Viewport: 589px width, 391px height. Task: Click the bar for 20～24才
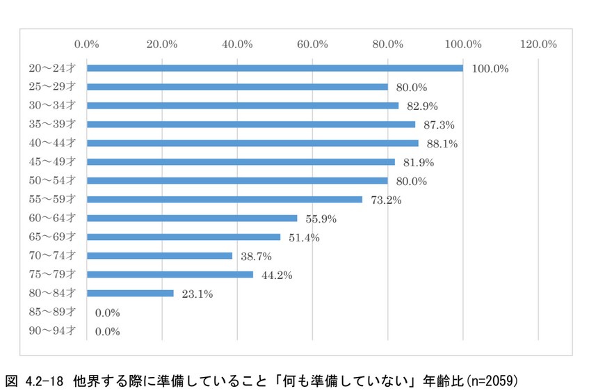[275, 68]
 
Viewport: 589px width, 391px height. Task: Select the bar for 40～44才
[252, 143]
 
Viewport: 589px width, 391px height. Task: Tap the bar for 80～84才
[130, 293]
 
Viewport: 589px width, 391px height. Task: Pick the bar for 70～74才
[159, 255]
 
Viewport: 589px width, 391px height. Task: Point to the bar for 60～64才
[192, 218]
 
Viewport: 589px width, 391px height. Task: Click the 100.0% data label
[490, 69]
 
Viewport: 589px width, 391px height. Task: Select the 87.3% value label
[442, 125]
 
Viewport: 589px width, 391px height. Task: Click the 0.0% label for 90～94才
[108, 331]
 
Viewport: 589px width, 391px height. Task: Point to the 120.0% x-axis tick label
[538, 44]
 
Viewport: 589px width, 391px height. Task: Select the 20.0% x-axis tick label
[162, 44]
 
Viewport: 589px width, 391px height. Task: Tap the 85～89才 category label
[52, 312]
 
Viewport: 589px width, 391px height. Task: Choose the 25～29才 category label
[52, 87]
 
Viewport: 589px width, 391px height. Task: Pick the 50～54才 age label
[52, 181]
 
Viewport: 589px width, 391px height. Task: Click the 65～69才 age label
[52, 237]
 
